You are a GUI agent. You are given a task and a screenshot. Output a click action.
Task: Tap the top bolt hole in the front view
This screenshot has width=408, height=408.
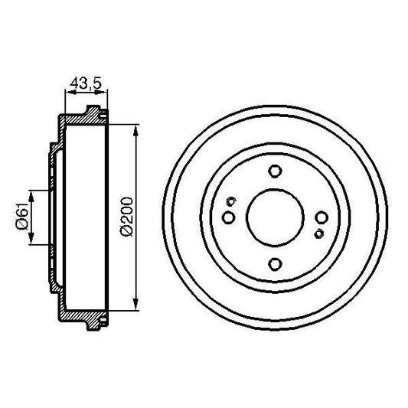click(275, 172)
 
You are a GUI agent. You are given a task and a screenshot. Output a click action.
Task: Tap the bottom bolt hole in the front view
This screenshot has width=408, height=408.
click(275, 265)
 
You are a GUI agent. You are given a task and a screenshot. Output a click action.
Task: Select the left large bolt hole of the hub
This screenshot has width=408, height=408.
click(228, 219)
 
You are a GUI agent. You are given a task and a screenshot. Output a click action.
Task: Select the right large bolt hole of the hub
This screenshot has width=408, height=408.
click(322, 219)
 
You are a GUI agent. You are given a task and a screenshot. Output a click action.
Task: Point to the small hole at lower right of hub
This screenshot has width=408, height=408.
click(318, 233)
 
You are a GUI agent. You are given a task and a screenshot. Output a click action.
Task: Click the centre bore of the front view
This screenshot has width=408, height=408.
click(275, 219)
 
